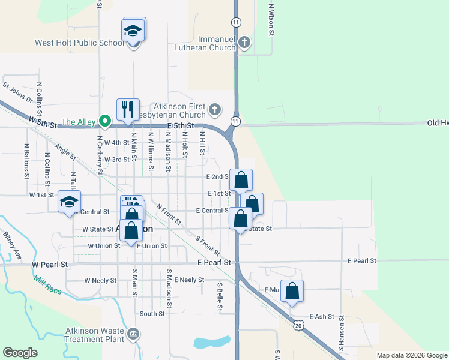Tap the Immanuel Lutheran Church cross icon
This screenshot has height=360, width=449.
tap(244, 42)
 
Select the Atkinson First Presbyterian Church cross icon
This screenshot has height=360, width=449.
tap(216, 110)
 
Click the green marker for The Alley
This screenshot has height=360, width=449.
tap(105, 122)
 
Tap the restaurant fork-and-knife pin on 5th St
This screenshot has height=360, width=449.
tap(128, 109)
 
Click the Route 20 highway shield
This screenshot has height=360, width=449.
tap(299, 325)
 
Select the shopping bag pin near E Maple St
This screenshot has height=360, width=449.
tap(292, 292)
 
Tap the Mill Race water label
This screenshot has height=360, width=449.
tap(48, 283)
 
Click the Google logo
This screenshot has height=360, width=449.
tap(20, 353)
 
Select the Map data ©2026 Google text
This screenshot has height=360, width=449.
tap(412, 355)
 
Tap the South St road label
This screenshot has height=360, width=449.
tap(152, 314)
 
